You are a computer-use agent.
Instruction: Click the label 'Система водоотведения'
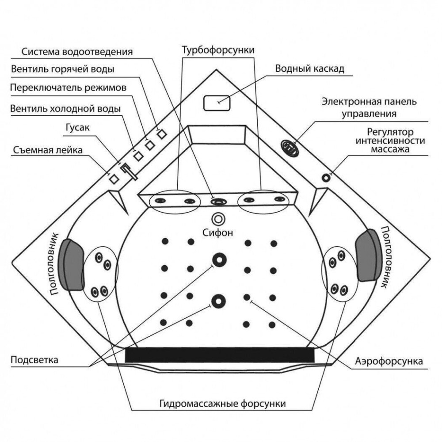[77, 52]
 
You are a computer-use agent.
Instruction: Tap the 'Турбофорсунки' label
[218, 50]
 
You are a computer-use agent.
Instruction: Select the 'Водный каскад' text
[309, 69]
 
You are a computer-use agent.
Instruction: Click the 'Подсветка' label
[34, 359]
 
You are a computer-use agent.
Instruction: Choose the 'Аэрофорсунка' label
[389, 361]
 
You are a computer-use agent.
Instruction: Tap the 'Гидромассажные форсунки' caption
[222, 404]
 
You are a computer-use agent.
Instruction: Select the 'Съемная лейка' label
[48, 150]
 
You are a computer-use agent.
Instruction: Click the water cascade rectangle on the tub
[217, 103]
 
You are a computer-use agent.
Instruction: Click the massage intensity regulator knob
[327, 178]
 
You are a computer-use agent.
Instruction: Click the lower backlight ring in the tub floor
[217, 301]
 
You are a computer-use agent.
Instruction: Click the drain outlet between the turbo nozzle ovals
[218, 202]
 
